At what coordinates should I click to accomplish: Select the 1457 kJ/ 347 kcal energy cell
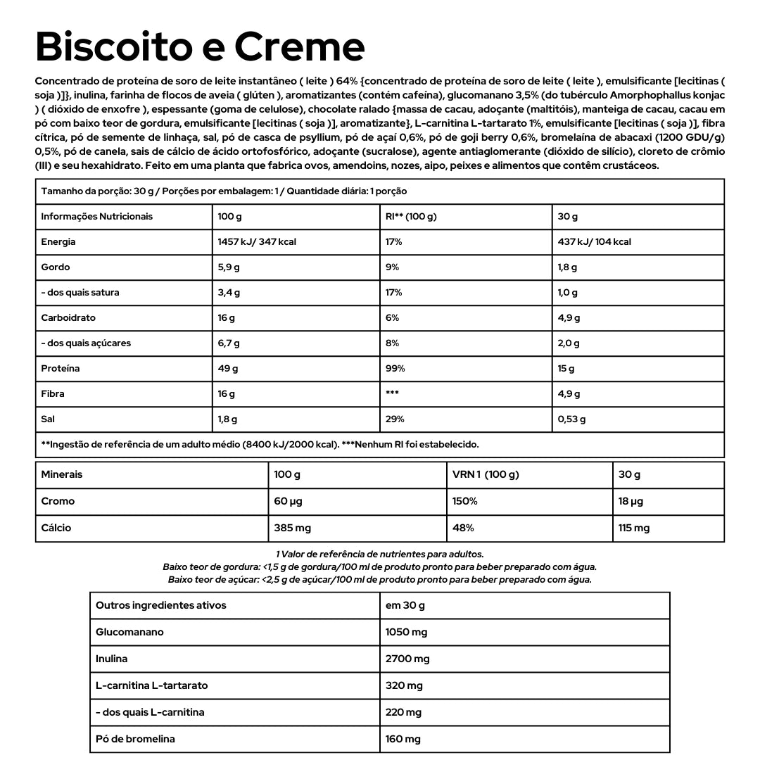click(x=257, y=241)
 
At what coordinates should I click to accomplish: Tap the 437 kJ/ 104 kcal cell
click(x=594, y=241)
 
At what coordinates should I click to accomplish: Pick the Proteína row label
click(x=61, y=368)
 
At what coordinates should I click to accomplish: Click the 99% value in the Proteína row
click(x=394, y=368)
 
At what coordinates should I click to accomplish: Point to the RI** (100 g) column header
click(x=411, y=216)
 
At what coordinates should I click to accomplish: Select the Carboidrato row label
click(x=68, y=317)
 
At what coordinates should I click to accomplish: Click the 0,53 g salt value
click(x=571, y=419)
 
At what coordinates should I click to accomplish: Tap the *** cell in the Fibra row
click(x=393, y=393)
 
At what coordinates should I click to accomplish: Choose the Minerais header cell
click(x=62, y=474)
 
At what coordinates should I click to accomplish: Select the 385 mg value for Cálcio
click(x=292, y=528)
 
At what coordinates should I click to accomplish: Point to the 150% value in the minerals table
click(x=465, y=501)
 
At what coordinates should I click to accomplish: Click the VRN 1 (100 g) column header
click(x=486, y=474)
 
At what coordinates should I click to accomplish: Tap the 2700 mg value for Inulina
click(x=407, y=659)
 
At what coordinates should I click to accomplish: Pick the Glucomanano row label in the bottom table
click(x=129, y=632)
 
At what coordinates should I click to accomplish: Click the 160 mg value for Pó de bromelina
click(x=403, y=739)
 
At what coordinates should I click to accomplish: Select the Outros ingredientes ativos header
click(x=161, y=605)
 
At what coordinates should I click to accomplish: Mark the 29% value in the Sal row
click(x=395, y=419)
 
